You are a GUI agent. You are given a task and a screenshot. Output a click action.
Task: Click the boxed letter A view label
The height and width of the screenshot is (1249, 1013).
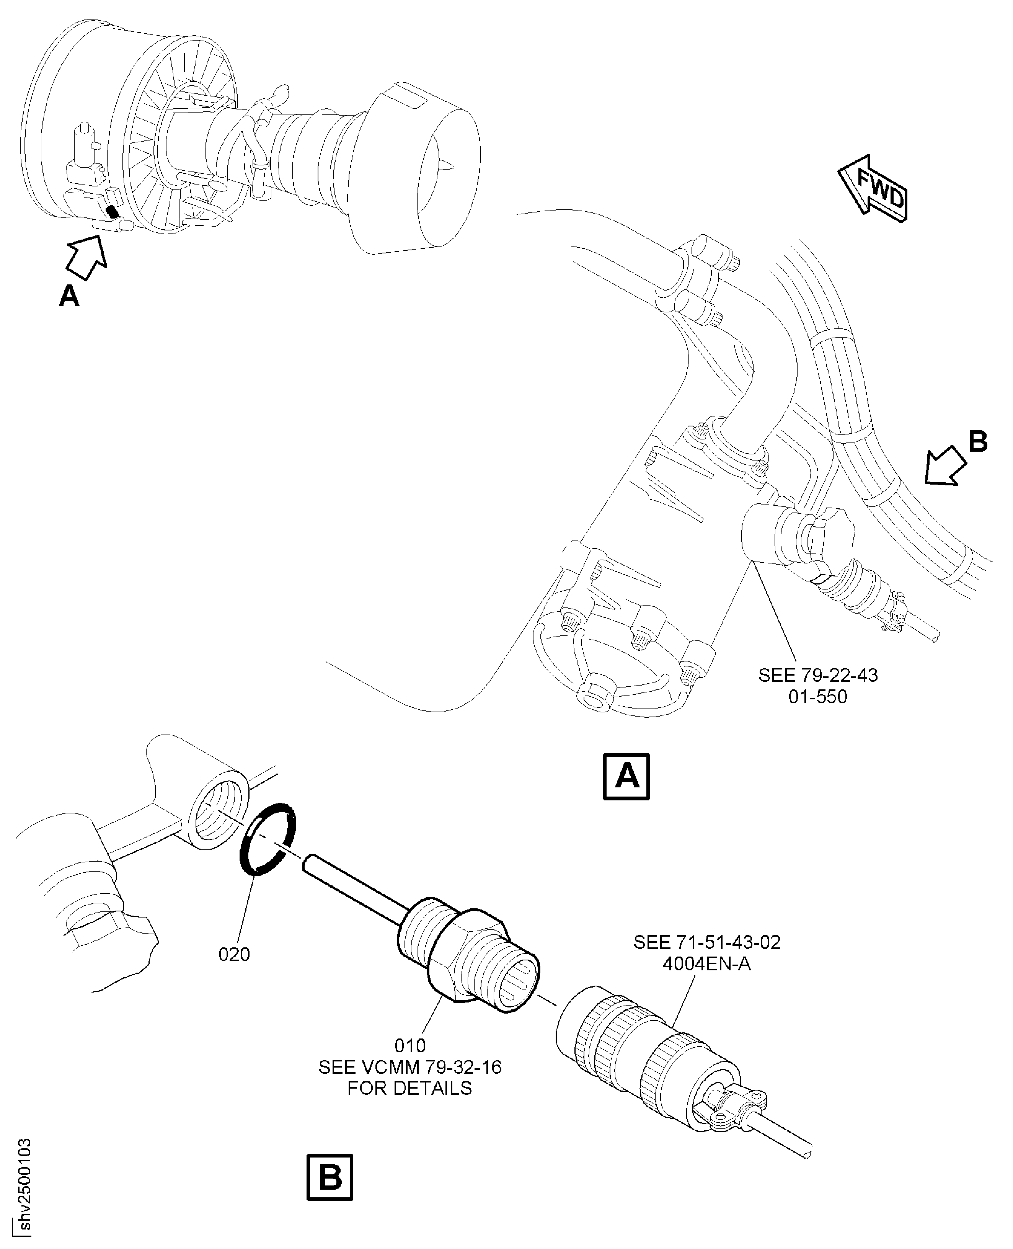click(x=626, y=777)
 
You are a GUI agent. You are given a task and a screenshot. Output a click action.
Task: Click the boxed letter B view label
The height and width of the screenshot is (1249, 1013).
click(x=330, y=1177)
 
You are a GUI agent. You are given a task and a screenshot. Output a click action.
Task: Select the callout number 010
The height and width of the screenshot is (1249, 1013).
click(x=410, y=1045)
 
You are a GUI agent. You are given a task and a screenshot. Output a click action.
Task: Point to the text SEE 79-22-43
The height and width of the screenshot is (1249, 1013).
click(x=817, y=675)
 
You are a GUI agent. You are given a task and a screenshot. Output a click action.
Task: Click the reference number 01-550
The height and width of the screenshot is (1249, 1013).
click(x=817, y=696)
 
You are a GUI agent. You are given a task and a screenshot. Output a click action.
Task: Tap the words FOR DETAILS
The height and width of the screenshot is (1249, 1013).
click(x=409, y=1088)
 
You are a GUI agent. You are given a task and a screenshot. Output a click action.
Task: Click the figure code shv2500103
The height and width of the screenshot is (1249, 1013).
click(x=24, y=1191)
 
